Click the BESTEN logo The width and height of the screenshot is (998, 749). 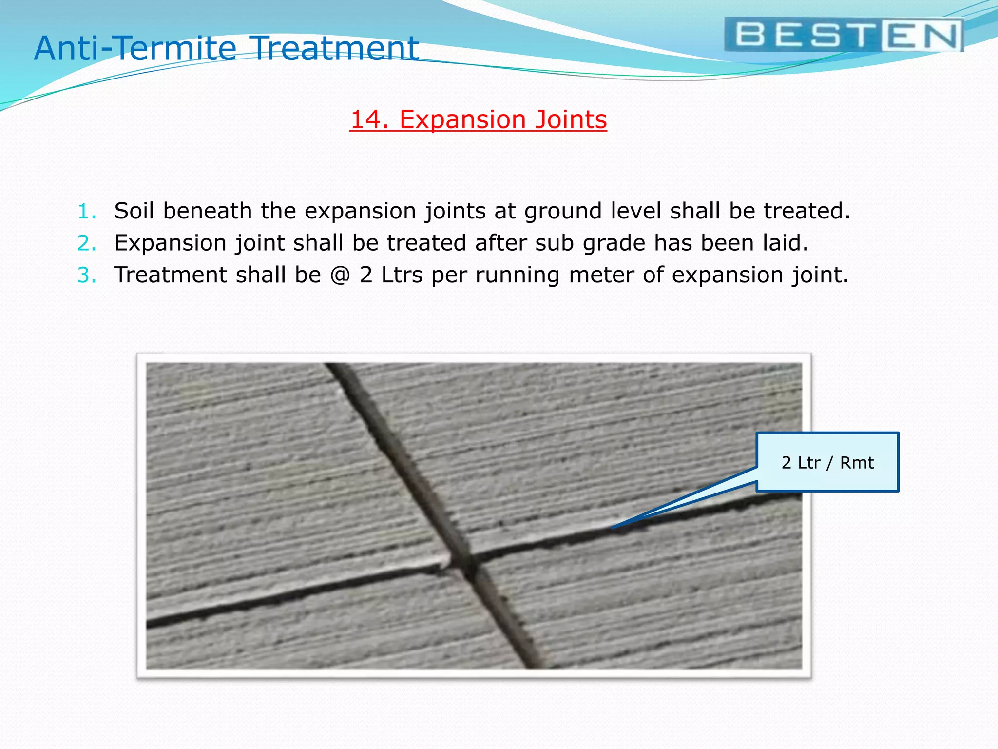[844, 35]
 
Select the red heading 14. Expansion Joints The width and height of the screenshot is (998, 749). [478, 120]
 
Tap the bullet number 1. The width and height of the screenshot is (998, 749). [87, 212]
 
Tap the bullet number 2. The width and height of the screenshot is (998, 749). [87, 243]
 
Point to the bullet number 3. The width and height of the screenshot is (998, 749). [87, 276]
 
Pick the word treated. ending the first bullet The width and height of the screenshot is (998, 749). [806, 211]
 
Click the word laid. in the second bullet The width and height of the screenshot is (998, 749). [785, 243]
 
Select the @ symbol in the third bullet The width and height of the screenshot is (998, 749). [340, 275]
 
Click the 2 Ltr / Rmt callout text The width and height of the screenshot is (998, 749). [827, 462]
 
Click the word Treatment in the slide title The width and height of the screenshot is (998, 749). [336, 48]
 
